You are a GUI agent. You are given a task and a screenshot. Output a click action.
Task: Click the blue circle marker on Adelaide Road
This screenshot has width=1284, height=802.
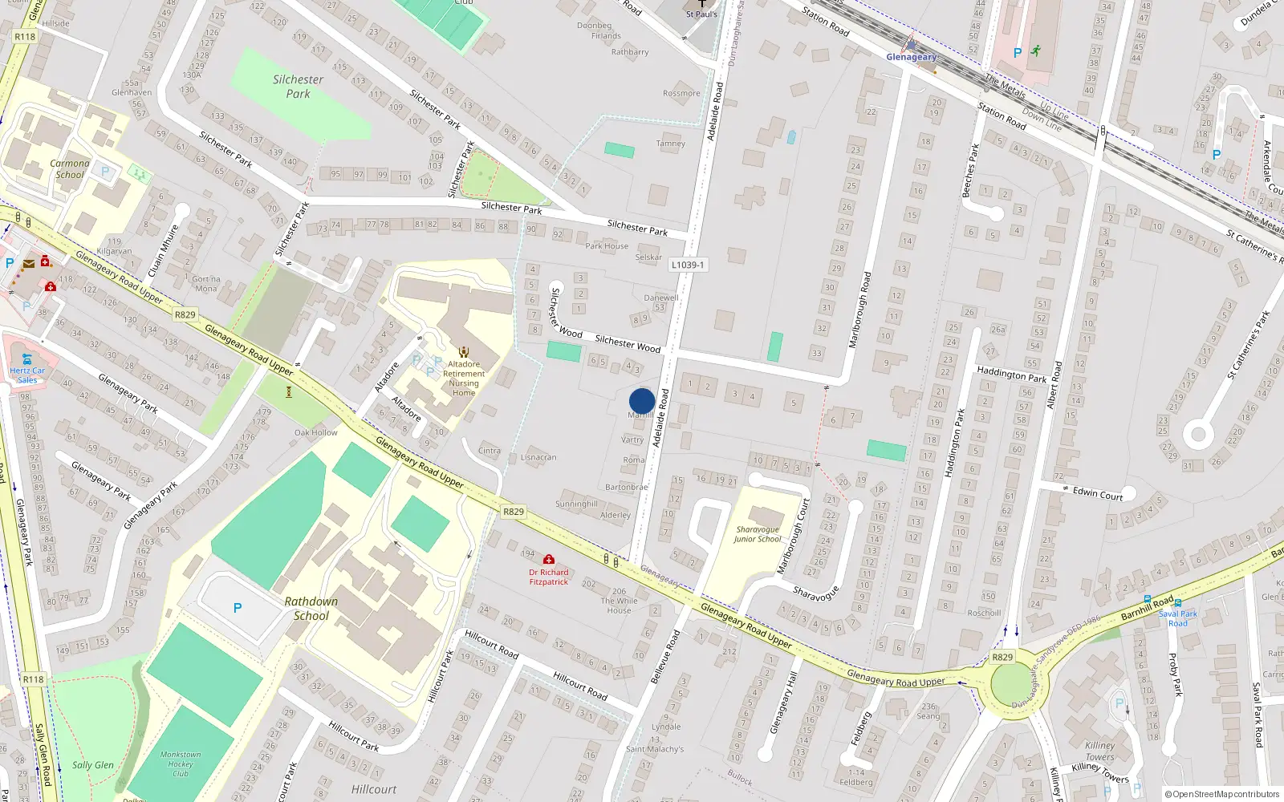[x=642, y=401]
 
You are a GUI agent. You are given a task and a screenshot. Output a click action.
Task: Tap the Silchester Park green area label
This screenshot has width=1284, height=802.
[x=298, y=87]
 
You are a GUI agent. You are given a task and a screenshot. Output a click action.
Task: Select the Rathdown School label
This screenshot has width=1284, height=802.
[x=311, y=609]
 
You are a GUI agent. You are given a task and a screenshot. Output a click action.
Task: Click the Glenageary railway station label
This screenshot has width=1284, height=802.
[x=911, y=57]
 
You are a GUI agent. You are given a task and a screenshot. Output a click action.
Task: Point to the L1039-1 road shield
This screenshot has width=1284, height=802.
[x=688, y=265]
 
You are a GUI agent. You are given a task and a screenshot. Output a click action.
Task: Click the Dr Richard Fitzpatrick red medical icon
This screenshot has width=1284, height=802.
[x=549, y=560]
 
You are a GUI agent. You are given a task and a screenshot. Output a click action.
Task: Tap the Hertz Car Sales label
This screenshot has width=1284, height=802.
[x=27, y=375]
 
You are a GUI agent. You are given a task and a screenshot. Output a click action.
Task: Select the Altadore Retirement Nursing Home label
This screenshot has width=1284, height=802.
[x=464, y=378]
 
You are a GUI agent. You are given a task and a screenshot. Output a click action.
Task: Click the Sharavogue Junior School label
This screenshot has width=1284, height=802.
[x=757, y=534]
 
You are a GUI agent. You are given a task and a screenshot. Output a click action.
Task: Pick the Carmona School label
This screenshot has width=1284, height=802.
[x=70, y=168]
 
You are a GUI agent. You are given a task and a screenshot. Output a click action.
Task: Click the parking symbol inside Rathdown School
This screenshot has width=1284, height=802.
[x=238, y=609]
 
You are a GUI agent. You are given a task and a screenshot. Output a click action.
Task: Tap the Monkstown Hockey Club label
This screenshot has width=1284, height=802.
[x=181, y=764]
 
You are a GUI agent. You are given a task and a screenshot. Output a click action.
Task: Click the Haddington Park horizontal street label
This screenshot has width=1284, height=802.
[x=1012, y=375]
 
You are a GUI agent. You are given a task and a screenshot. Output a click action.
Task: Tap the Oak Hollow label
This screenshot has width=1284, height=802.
[x=316, y=432]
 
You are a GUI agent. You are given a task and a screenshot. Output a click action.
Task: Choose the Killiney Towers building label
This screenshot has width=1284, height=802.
[x=1099, y=751]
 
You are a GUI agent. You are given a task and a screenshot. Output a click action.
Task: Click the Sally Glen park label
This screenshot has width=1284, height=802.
[x=93, y=765]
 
